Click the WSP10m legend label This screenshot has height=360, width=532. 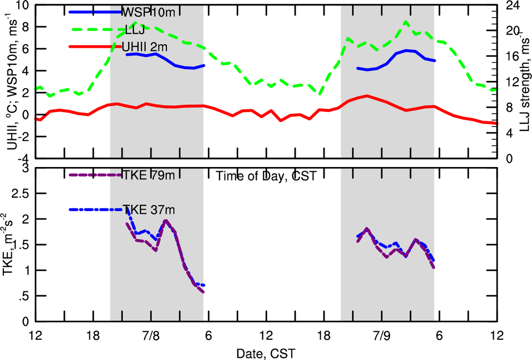148,12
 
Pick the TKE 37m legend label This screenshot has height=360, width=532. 148,210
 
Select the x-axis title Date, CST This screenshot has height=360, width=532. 266,353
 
